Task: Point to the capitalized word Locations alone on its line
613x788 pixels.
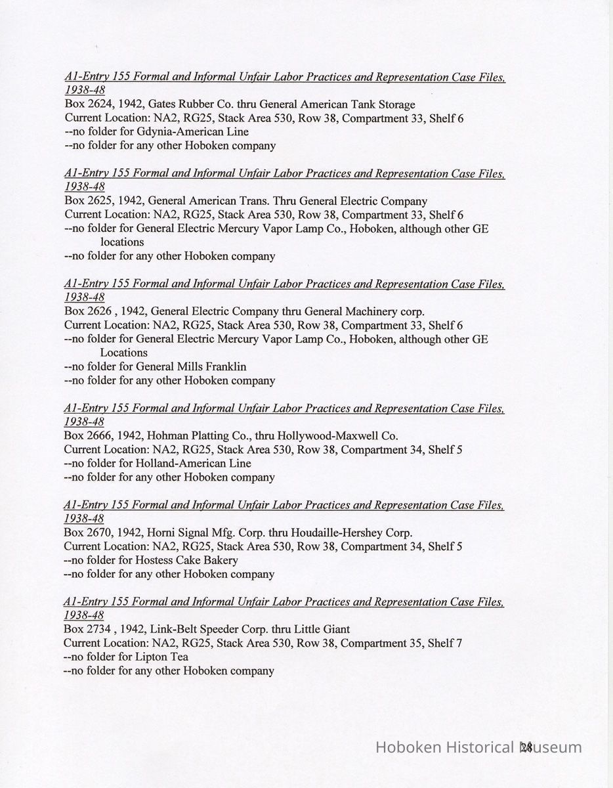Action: click(x=123, y=353)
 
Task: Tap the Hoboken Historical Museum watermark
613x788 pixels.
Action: click(x=478, y=747)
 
